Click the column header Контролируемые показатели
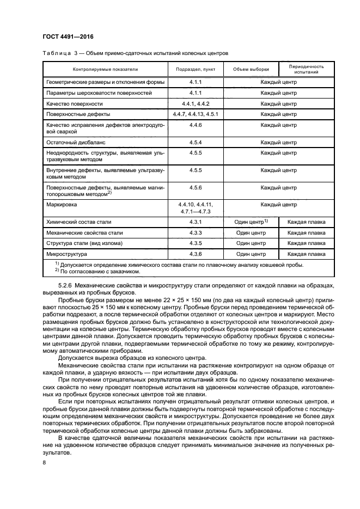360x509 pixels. [x=106, y=70]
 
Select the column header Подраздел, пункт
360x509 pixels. [x=195, y=70]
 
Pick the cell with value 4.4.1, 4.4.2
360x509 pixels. [x=195, y=103]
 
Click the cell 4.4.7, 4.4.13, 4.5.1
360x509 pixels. [x=195, y=114]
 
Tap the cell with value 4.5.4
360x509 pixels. [x=195, y=142]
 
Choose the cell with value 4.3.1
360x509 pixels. [x=195, y=222]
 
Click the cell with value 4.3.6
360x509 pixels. [x=195, y=254]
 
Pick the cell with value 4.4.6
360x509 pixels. [x=195, y=125]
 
